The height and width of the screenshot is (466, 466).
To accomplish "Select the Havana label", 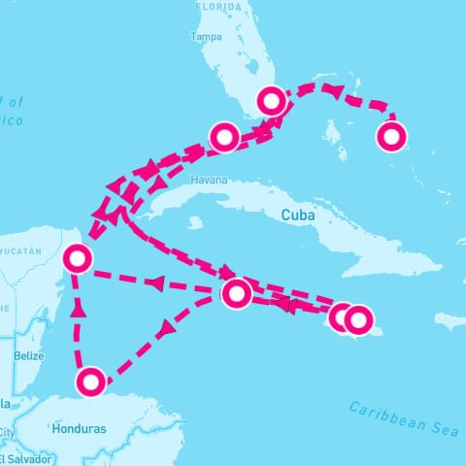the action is click(x=210, y=181).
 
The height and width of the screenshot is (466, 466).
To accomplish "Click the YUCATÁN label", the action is click(x=21, y=251).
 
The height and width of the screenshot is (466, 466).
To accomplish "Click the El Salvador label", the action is click(x=20, y=458).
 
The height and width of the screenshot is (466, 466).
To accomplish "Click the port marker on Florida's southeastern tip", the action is click(x=271, y=100).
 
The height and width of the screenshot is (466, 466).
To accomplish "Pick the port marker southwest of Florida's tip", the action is click(x=224, y=138).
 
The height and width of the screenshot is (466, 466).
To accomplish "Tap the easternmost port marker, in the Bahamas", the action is click(x=390, y=137).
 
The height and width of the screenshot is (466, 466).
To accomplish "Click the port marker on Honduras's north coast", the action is click(x=90, y=382).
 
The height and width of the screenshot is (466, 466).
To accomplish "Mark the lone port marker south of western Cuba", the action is click(x=236, y=292).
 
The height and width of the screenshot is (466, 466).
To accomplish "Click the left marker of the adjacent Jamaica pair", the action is click(x=341, y=316).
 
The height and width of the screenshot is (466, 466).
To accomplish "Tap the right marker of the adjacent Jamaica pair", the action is click(x=358, y=318).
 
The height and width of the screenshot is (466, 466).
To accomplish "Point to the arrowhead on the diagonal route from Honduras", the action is click(x=166, y=330).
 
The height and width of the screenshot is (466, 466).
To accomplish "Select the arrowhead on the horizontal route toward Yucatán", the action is click(x=154, y=283).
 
